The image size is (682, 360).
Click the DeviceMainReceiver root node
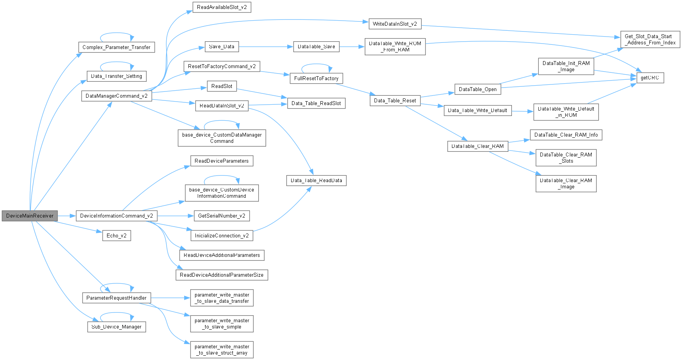pos(30,216)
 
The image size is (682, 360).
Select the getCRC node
pos(650,78)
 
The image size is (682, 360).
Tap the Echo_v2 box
pos(116,235)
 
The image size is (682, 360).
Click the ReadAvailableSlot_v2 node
pos(221,7)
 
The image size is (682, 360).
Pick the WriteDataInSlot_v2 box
pos(395,24)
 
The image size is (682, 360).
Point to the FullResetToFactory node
pos(316,78)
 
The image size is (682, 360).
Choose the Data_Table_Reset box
pos(395,100)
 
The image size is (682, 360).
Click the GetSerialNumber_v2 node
pos(221,216)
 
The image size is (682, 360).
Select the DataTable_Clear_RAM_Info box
pos(566,135)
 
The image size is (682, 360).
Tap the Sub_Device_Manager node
pos(116,327)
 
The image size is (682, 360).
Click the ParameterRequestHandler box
pos(116,298)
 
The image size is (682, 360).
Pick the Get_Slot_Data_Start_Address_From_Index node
pos(650,39)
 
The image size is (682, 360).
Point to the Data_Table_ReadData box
pos(316,180)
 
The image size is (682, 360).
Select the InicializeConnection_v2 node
pos(221,235)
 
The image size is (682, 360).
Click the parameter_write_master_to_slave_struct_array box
pos(221,349)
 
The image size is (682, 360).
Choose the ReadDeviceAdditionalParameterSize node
pos(221,275)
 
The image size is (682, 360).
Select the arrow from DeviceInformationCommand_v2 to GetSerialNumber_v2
pos(175,216)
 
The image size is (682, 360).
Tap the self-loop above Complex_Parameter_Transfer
pos(117,33)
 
